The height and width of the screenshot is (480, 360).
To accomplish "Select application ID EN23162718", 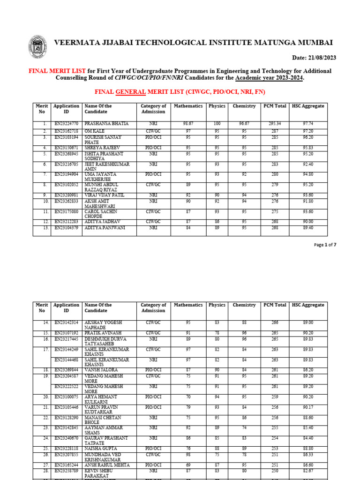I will pos(66,130).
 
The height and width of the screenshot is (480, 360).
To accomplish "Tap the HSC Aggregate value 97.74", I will pos(308,124).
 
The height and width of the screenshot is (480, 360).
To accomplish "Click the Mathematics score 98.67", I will pos(188,124).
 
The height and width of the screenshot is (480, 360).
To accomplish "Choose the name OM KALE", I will pos(93,130).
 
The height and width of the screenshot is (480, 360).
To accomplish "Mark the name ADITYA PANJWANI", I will pos(104,228).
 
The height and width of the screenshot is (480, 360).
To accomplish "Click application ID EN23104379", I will pos(66,228).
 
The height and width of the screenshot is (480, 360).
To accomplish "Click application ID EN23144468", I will pos(66,360).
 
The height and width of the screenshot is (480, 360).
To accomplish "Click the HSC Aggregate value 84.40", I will pos(308,438).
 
